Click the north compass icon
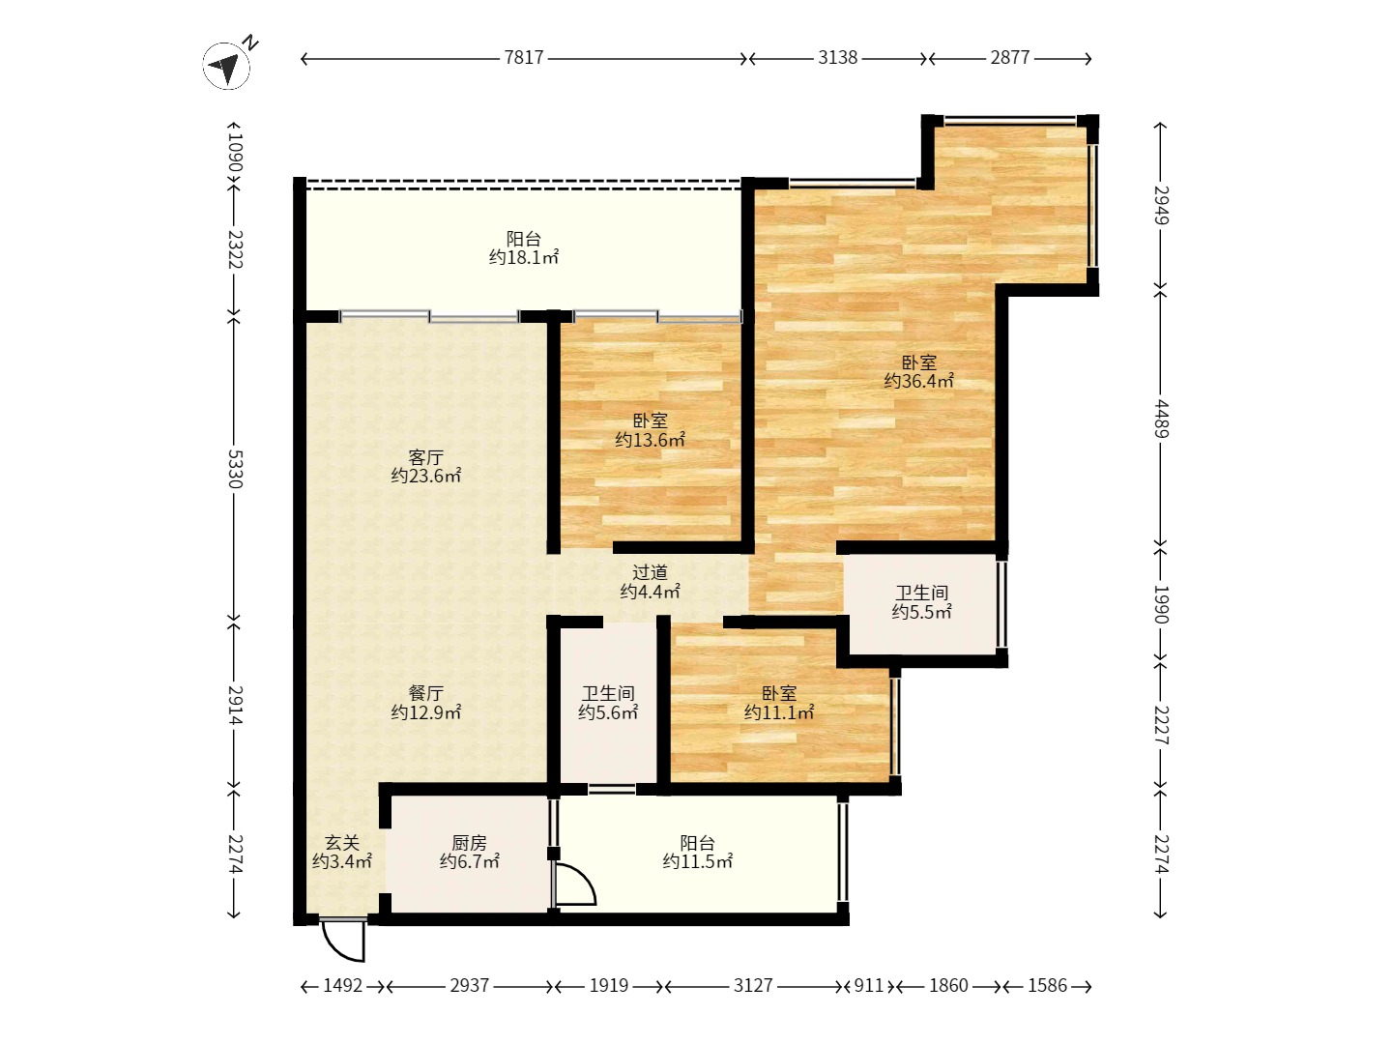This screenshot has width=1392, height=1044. click(x=227, y=66)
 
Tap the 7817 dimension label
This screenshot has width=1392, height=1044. click(x=524, y=58)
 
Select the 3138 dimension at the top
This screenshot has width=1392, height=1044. click(x=837, y=58)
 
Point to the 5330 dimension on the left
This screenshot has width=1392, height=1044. click(x=235, y=469)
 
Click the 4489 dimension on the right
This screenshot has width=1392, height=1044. click(x=1161, y=419)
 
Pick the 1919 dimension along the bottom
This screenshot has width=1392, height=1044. click(x=609, y=986)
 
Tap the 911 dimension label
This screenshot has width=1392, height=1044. click(x=868, y=986)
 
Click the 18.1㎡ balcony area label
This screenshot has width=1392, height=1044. click(x=524, y=258)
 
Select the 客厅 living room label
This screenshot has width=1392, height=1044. click(x=425, y=457)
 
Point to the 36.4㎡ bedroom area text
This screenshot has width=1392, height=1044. click(x=919, y=381)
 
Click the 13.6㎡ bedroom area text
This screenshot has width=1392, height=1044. click(x=650, y=439)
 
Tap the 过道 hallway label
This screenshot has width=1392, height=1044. click(x=650, y=572)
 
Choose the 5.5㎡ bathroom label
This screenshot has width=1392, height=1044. click(x=921, y=612)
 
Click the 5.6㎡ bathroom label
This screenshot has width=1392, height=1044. click(x=607, y=712)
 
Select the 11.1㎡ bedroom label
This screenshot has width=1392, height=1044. click(x=779, y=712)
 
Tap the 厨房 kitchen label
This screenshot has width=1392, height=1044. click(x=469, y=842)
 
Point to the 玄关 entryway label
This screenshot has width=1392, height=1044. click(x=342, y=842)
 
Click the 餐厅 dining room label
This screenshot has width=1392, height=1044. click(x=425, y=693)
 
